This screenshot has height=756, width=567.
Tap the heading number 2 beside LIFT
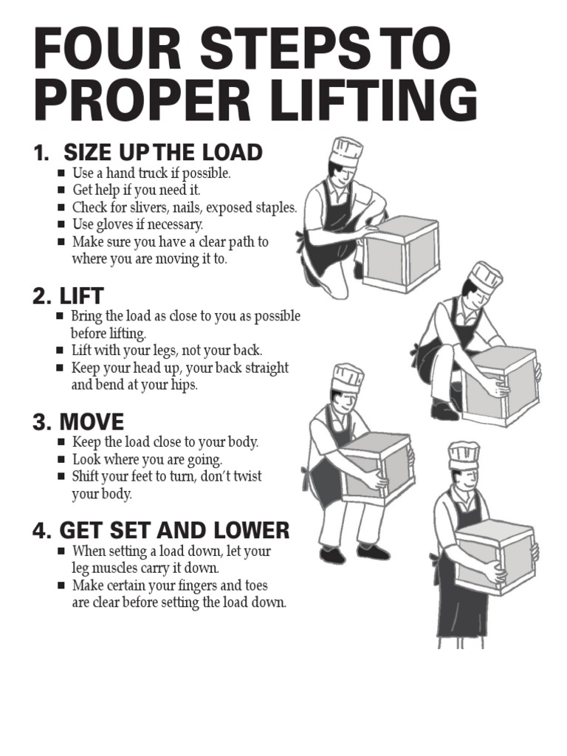click(x=41, y=296)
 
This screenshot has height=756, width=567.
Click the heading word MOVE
click(x=92, y=422)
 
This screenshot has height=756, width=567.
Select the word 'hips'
click(x=184, y=385)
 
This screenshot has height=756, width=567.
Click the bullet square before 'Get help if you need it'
click(x=61, y=190)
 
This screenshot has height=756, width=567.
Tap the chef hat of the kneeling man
click(x=346, y=152)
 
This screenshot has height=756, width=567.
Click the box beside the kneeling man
click(x=403, y=254)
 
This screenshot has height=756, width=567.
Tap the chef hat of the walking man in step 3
click(x=347, y=377)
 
